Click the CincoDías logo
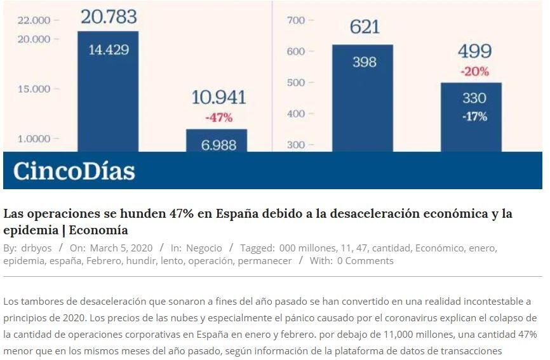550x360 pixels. [74, 171]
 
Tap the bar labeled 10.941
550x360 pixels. [217, 140]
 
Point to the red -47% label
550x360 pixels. [218, 117]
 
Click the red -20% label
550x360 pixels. [474, 72]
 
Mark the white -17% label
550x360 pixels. [474, 116]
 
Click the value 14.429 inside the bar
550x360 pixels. [108, 50]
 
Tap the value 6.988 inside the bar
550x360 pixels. [218, 145]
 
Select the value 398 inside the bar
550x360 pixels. [364, 62]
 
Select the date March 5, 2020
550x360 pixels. [121, 248]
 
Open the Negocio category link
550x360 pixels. [204, 248]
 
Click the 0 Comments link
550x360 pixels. [365, 261]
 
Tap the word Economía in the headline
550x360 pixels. [98, 230]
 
